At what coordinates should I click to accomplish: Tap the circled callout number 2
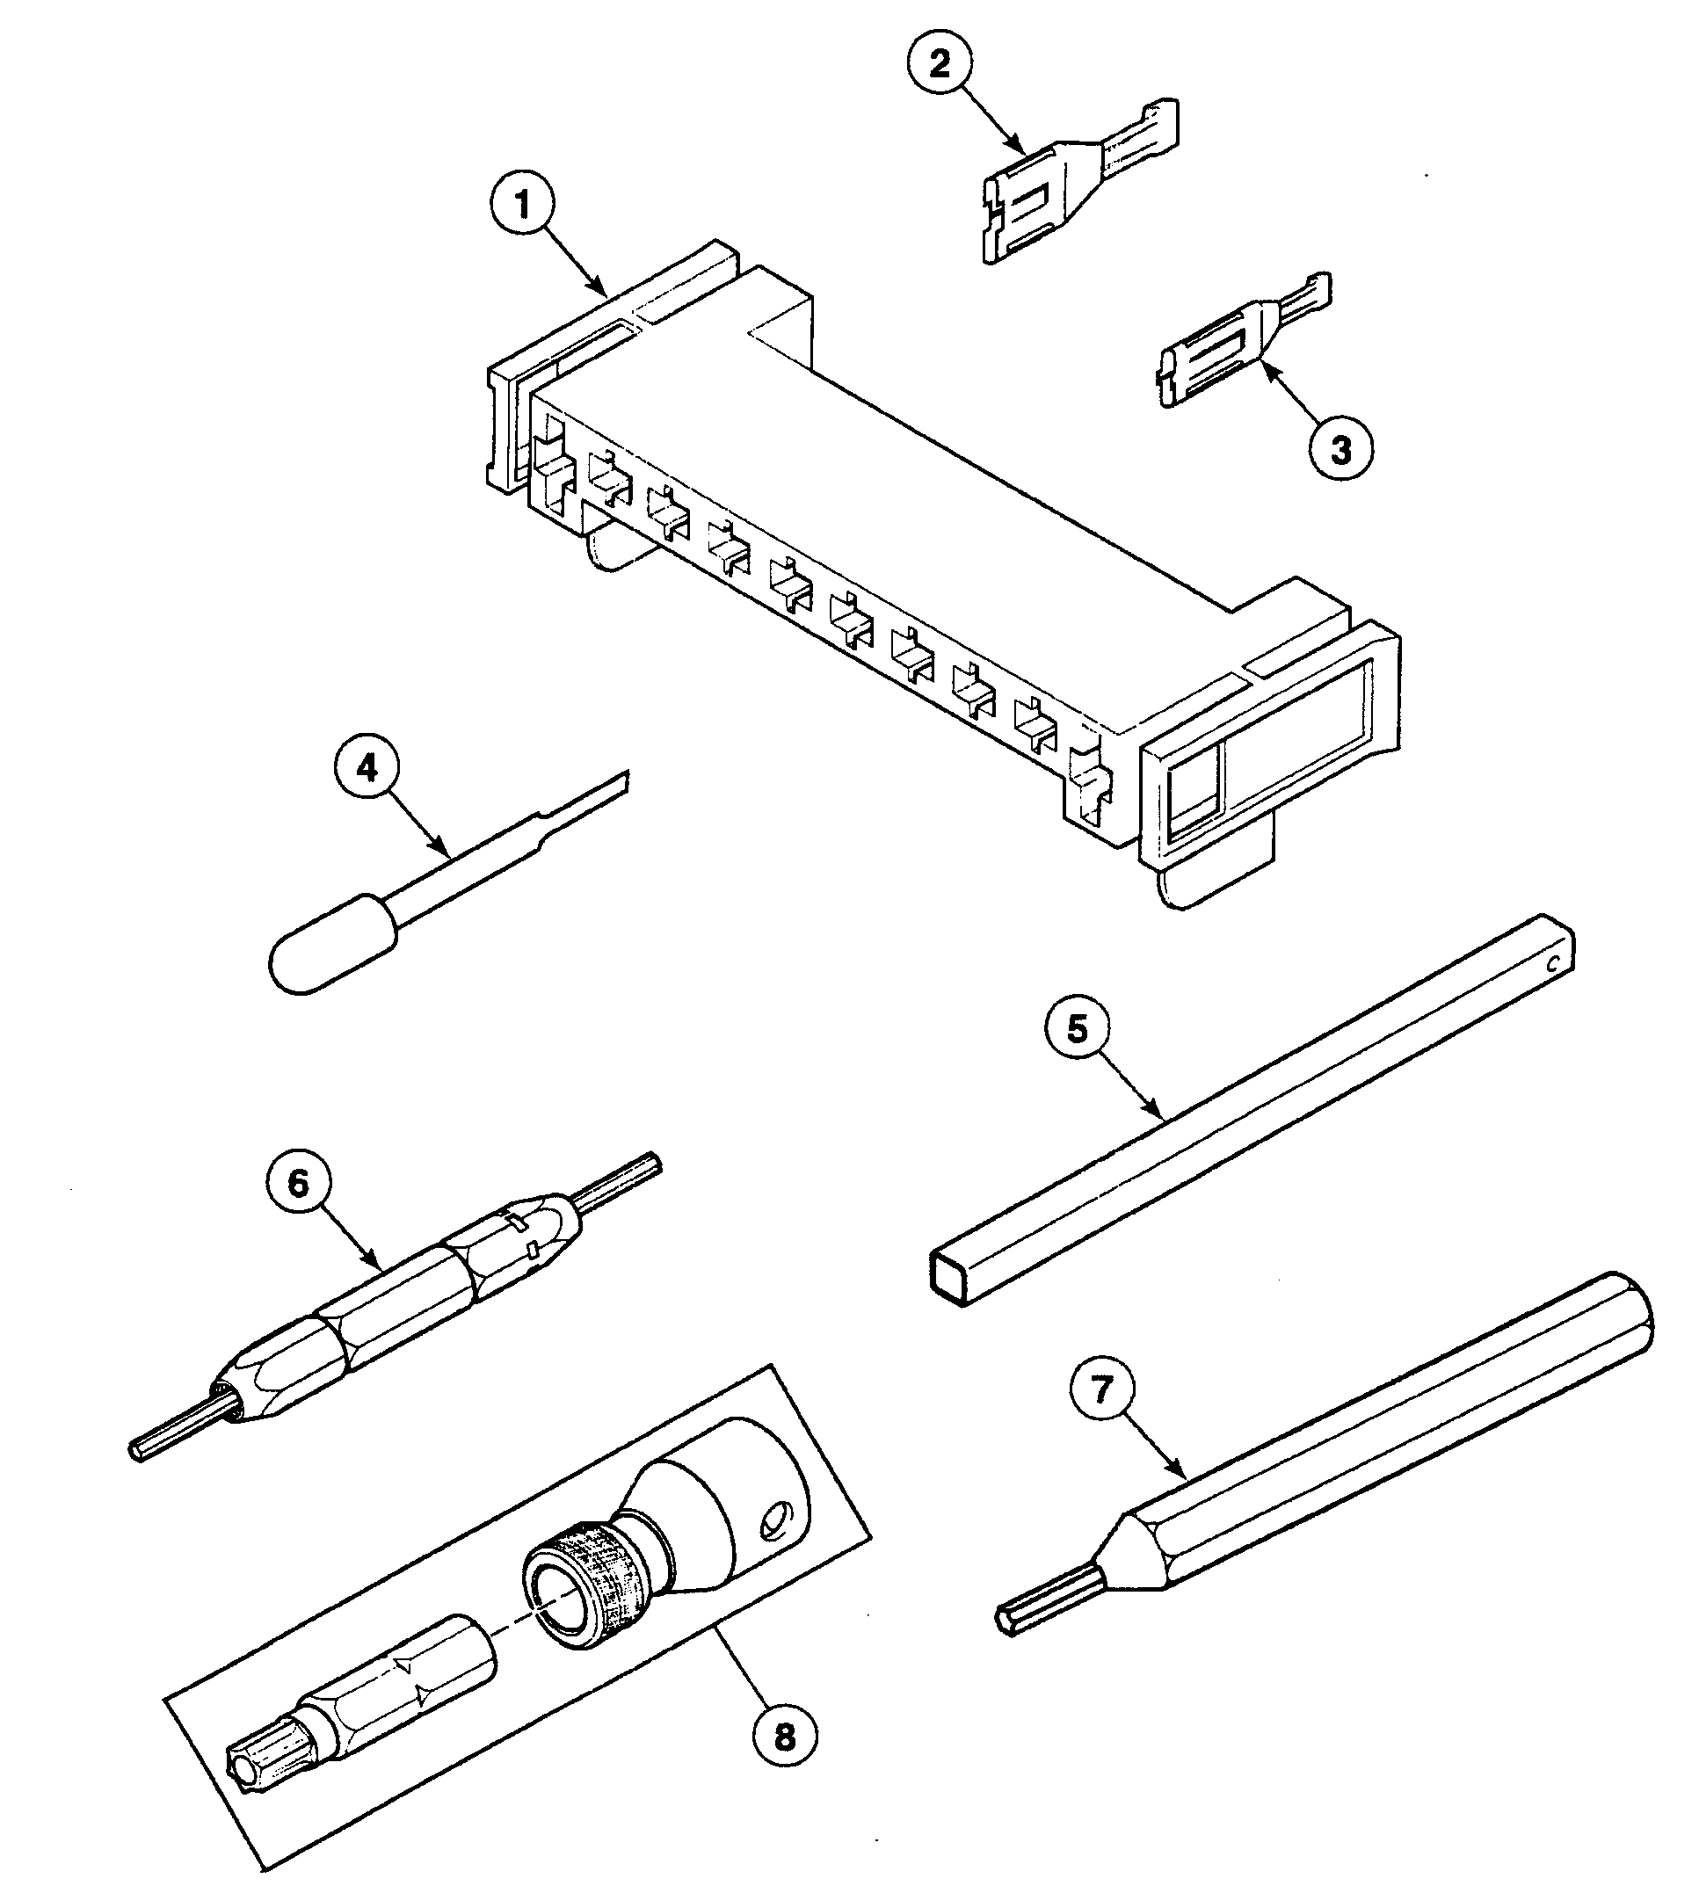point(940,63)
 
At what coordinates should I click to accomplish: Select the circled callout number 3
point(1340,450)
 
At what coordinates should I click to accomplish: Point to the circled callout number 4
point(367,769)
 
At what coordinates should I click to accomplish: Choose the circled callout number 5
point(1078,1030)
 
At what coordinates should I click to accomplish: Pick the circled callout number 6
point(298,1183)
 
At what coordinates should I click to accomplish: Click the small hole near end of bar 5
point(1553,965)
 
